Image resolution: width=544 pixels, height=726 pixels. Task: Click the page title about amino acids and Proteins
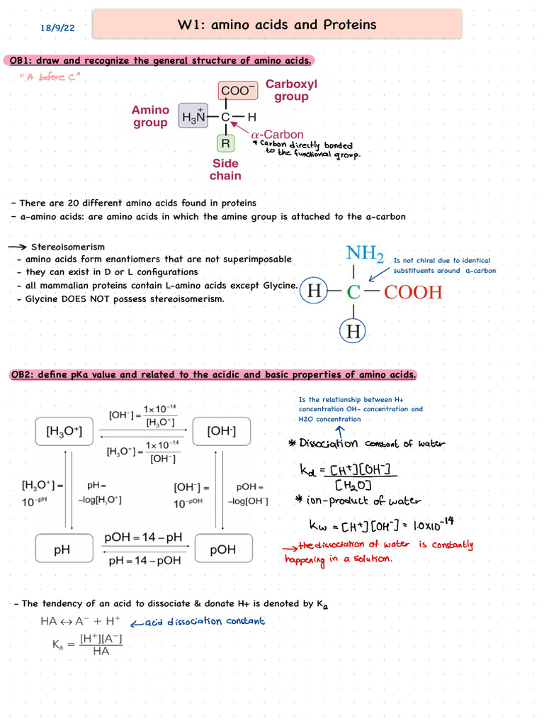[277, 26]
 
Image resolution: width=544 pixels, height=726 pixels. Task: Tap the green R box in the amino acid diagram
[225, 143]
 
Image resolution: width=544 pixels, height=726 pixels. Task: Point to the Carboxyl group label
[291, 90]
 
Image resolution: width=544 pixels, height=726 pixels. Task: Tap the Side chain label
[225, 169]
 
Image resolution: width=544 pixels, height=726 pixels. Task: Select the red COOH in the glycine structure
[413, 292]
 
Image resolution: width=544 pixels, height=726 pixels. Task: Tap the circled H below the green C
[352, 330]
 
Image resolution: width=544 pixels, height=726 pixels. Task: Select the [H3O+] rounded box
[64, 431]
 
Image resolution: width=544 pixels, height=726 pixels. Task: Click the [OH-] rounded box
[222, 431]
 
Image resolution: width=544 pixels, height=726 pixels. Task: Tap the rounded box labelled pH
[64, 549]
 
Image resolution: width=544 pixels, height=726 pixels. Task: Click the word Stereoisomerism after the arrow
[67, 247]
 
